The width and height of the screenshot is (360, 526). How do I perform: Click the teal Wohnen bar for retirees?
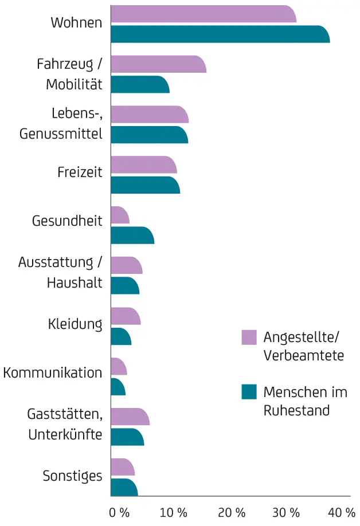(220, 34)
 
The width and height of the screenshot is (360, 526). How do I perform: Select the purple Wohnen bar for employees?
(203, 14)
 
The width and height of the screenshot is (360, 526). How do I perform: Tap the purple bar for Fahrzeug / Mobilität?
(158, 64)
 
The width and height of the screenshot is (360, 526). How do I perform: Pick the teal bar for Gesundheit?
(132, 235)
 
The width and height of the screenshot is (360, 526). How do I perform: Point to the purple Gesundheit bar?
(120, 215)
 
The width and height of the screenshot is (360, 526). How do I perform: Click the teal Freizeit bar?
(144, 185)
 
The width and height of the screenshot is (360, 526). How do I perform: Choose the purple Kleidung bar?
(125, 316)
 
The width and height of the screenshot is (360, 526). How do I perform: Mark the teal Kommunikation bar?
(118, 387)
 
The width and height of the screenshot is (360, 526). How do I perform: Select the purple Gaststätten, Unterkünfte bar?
(130, 417)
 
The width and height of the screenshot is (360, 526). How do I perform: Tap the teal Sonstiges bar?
(124, 488)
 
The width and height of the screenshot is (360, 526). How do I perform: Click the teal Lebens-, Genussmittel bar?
(148, 135)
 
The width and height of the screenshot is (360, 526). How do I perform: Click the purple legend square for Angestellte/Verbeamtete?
(249, 337)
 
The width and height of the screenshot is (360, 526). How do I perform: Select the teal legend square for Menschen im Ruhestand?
(249, 392)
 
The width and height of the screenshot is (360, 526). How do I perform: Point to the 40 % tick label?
(342, 512)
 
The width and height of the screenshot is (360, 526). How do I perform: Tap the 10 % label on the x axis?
(174, 512)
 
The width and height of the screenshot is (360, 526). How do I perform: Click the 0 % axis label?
(119, 512)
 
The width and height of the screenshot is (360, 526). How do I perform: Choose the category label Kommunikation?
(53, 373)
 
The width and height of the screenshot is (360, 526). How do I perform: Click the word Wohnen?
(76, 23)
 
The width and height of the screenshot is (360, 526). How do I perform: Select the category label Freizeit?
(80, 172)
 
